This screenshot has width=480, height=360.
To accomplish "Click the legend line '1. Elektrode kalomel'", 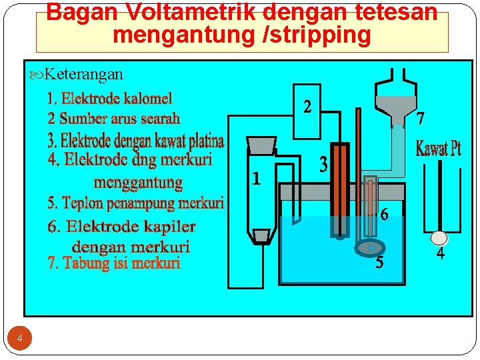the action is pyautogui.click(x=109, y=99).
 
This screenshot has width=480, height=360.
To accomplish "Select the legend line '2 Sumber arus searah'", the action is pyautogui.click(x=113, y=119).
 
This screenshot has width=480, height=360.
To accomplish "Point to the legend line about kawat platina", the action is pyautogui.click(x=135, y=141).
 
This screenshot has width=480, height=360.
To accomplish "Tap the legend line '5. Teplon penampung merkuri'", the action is pyautogui.click(x=135, y=203).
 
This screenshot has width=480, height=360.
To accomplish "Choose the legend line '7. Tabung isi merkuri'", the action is pyautogui.click(x=114, y=263).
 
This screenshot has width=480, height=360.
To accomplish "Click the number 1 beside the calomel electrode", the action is pyautogui.click(x=255, y=178).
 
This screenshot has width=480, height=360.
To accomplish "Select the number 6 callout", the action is pyautogui.click(x=384, y=215).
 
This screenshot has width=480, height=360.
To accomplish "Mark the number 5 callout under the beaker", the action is pyautogui.click(x=379, y=263).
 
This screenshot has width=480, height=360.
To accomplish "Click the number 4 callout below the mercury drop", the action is pyautogui.click(x=440, y=254).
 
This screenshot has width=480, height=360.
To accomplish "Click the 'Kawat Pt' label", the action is pyautogui.click(x=438, y=149).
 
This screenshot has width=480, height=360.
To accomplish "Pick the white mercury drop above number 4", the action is pyautogui.click(x=439, y=237).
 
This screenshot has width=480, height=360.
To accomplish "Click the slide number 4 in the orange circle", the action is pyautogui.click(x=19, y=339).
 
